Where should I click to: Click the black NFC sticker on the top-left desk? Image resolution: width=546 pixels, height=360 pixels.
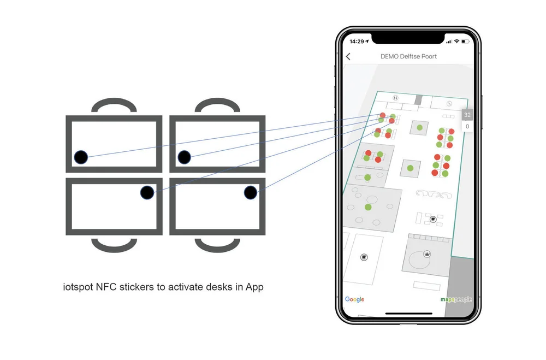[81, 157]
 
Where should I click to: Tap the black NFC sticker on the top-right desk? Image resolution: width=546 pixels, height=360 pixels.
[184, 157]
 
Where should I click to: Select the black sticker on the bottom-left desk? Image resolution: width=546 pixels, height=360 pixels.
[147, 192]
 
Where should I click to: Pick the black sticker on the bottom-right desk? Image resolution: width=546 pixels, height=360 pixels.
[251, 192]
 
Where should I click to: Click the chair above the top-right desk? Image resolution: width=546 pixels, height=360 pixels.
[218, 101]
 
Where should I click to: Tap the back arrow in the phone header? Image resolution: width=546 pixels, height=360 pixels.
[348, 56]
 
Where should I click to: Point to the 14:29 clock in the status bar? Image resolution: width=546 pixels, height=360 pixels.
[357, 42]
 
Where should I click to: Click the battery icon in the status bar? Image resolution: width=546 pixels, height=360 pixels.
[466, 42]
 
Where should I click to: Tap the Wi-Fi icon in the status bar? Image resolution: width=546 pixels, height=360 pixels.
[456, 42]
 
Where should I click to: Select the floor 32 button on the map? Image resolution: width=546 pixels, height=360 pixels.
[467, 115]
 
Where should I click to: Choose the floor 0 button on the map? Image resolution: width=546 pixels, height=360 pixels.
[467, 126]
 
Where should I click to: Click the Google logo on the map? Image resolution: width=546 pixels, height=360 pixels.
[354, 299]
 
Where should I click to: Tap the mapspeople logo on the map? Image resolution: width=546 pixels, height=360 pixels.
[456, 299]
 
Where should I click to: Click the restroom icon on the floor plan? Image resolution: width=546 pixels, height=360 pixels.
[395, 98]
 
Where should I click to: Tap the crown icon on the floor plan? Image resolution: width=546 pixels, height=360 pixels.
[427, 253]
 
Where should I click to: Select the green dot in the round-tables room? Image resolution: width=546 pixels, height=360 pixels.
[367, 208]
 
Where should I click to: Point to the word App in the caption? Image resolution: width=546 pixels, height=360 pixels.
[254, 287]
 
